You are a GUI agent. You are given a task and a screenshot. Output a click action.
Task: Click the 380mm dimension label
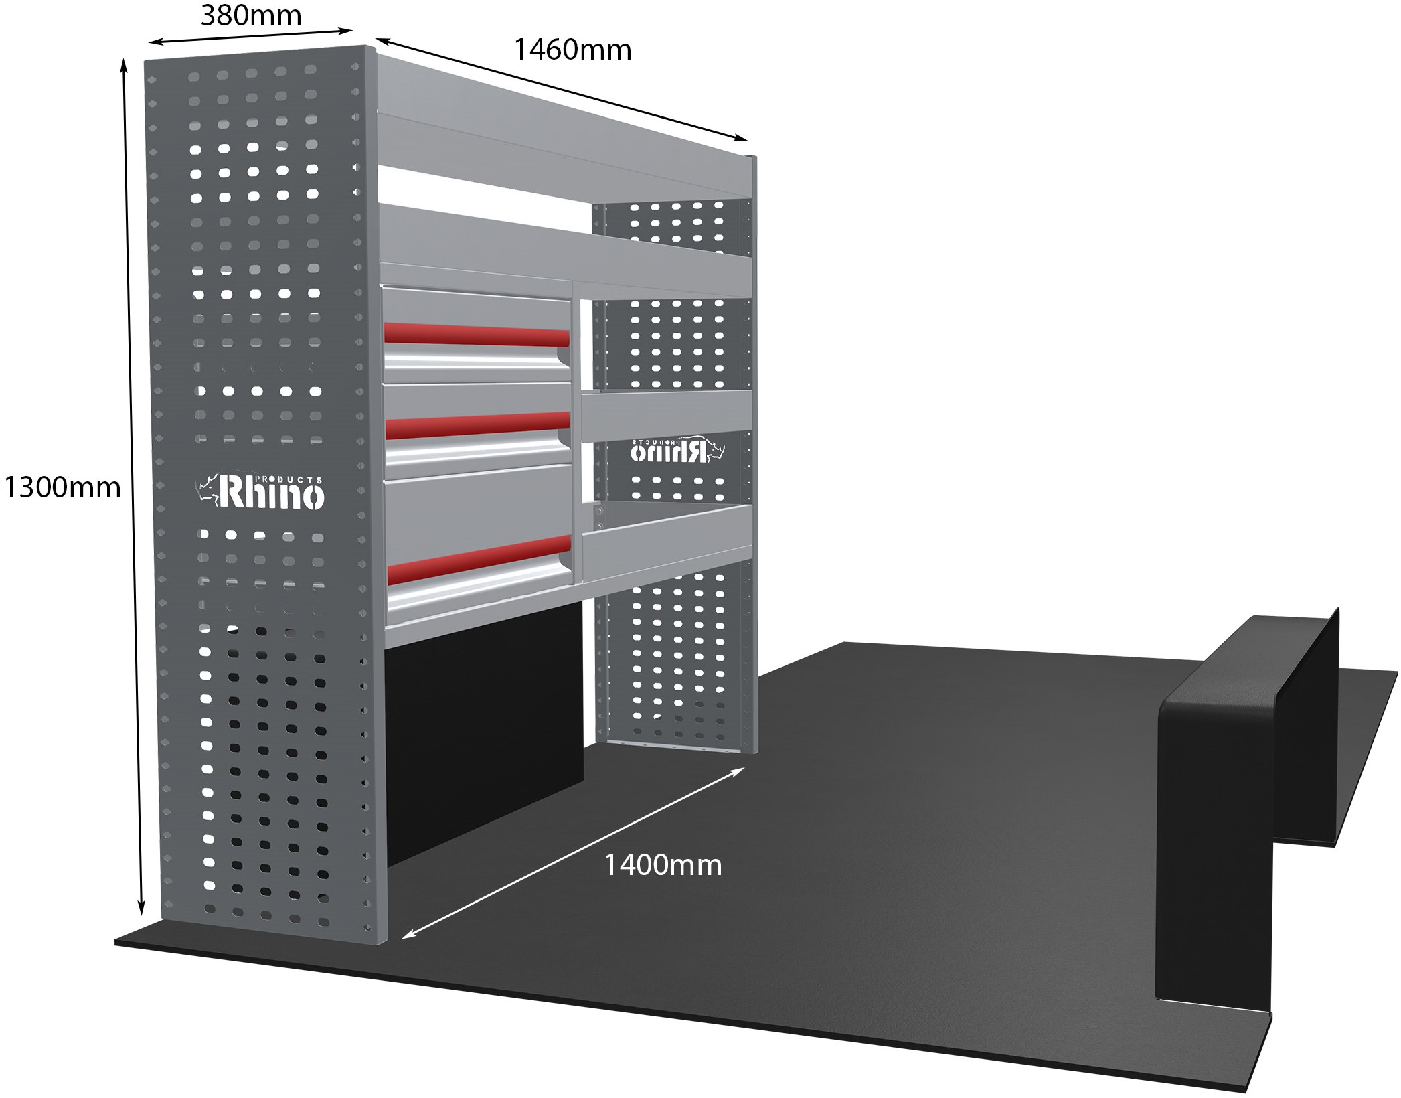251,15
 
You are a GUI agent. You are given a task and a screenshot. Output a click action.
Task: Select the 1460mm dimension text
572,50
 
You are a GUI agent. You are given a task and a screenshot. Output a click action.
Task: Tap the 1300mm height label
62,487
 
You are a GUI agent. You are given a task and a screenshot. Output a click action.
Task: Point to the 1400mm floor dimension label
663,865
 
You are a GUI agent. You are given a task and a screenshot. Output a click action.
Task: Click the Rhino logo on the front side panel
260,492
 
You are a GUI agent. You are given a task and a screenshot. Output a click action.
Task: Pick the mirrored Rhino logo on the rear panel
677,451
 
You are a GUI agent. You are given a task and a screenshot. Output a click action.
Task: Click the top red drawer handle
477,335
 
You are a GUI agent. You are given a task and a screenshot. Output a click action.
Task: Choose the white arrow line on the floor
573,853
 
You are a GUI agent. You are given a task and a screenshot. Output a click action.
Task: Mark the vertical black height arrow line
132,487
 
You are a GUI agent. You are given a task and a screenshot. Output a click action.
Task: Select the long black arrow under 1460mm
562,99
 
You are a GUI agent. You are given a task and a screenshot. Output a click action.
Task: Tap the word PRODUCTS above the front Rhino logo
292,479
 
